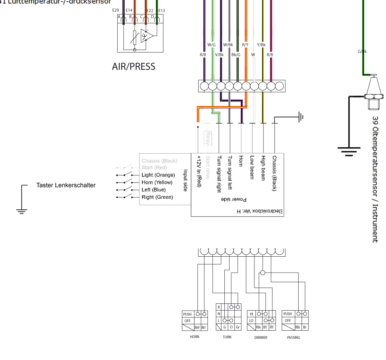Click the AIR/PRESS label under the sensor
tap(134, 67)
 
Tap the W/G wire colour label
tap(211, 45)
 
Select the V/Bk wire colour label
tap(220, 55)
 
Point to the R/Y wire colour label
tap(245, 45)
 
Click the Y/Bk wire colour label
tap(261, 45)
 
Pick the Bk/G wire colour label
tap(236, 55)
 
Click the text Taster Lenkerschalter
tap(66, 186)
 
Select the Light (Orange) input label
tap(158, 175)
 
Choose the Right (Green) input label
tap(157, 197)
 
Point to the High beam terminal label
tap(263, 168)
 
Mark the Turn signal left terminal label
tap(230, 172)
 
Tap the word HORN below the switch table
tap(195, 337)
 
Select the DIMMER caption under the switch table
tap(261, 338)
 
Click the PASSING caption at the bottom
tap(293, 338)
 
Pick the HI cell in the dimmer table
tap(251, 314)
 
